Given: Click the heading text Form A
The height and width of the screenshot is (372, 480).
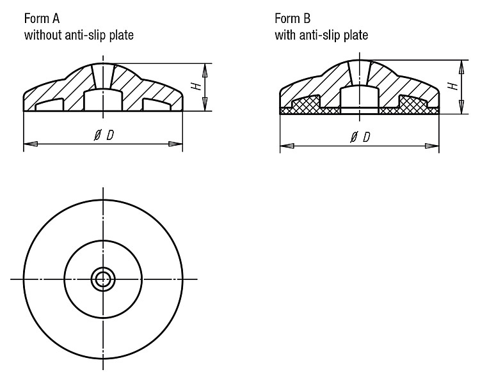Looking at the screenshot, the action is (42, 19).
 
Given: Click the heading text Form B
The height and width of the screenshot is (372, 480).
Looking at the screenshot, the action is (292, 19).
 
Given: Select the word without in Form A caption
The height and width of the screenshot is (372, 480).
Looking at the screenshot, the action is (43, 35).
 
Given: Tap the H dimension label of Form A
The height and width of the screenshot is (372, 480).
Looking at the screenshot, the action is (197, 86).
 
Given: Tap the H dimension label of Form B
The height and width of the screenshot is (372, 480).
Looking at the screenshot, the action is (454, 86).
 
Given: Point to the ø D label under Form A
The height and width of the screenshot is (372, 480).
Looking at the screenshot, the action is (104, 135).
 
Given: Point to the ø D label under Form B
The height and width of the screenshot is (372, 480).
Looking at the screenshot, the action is (360, 137).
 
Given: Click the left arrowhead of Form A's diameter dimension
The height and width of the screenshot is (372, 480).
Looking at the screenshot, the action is (31, 143).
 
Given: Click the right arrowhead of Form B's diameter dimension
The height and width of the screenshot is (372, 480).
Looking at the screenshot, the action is (432, 146).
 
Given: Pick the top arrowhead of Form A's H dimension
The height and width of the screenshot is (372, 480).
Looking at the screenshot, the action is (205, 70).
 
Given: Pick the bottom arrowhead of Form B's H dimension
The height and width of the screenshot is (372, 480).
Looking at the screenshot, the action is (461, 107).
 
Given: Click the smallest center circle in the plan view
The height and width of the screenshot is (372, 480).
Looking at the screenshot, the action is (103, 279).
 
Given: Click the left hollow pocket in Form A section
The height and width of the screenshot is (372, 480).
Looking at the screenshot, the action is (49, 105).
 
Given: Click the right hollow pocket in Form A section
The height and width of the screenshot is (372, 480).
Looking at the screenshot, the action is (157, 105).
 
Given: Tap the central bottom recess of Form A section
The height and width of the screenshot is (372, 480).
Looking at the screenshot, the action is (103, 100).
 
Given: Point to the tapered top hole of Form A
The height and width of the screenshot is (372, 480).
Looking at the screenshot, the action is (103, 77).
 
